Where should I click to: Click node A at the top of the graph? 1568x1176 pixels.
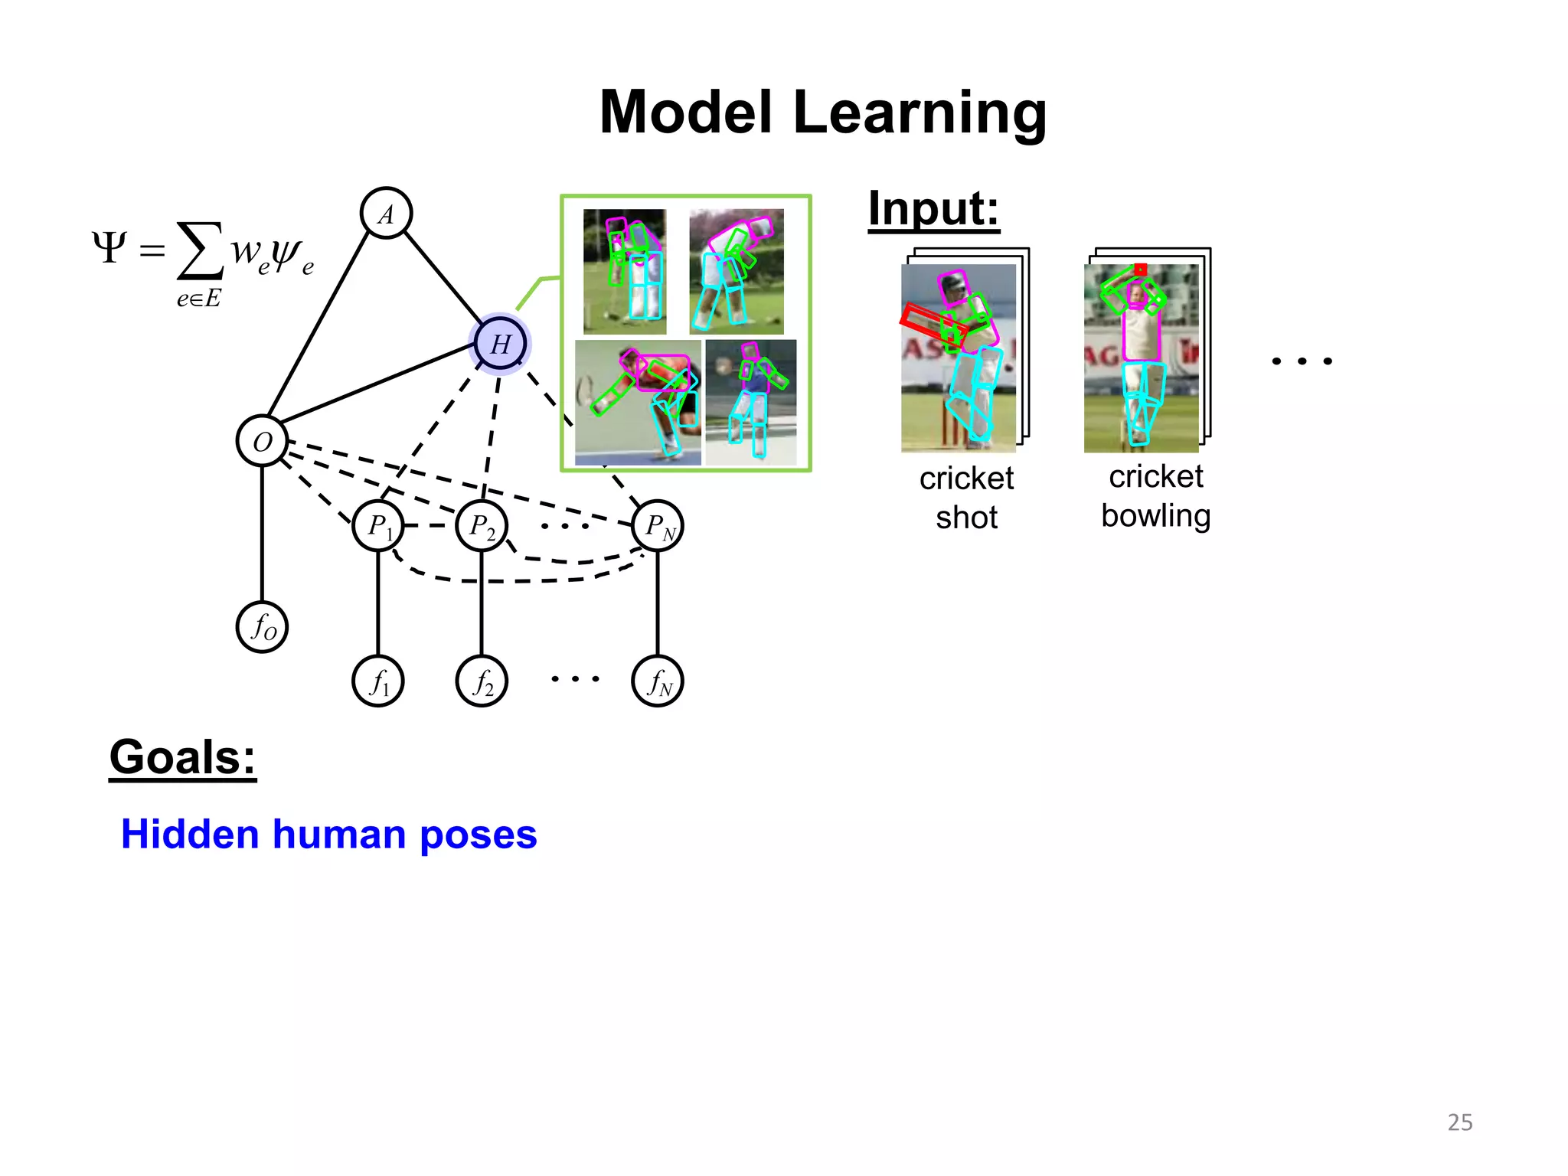[386, 214]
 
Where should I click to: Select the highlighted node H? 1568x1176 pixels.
[500, 344]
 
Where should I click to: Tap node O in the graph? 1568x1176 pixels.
[262, 442]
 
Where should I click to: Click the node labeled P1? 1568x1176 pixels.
[378, 526]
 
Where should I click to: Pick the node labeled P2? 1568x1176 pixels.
[482, 526]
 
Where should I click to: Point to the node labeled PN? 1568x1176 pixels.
[658, 526]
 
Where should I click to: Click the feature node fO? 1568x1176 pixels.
[262, 627]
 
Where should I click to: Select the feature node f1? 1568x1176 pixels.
[378, 681]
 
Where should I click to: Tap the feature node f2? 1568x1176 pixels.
[482, 681]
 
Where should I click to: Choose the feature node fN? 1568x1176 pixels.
[658, 681]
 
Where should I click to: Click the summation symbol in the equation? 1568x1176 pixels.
[200, 250]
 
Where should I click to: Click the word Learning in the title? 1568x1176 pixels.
[919, 113]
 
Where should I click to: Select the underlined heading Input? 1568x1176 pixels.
[933, 208]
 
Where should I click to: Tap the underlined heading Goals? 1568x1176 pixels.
[182, 757]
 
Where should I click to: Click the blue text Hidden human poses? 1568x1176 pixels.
[329, 834]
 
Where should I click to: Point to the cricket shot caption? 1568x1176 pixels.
[966, 498]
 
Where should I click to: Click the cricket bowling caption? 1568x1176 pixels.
[1155, 496]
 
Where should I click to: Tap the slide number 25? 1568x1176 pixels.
[1459, 1122]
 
